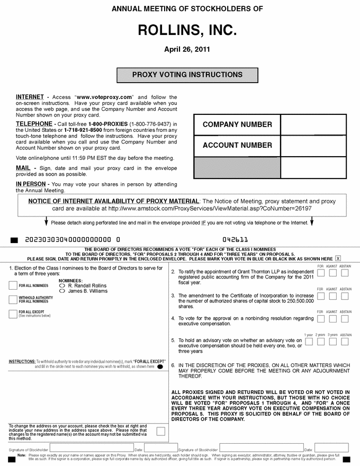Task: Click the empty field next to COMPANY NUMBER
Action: click(x=313, y=125)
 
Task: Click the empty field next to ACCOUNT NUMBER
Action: click(x=313, y=146)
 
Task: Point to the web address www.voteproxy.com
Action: click(x=103, y=97)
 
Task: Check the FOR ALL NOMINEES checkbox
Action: click(x=13, y=285)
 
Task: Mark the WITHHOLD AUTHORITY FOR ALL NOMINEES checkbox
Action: click(x=13, y=300)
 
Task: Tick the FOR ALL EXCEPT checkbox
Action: click(x=13, y=313)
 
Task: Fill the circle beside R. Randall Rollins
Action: click(x=63, y=285)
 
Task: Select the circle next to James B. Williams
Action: click(x=63, y=291)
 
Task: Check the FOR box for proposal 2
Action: click(x=321, y=273)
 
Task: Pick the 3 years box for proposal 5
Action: click(x=333, y=342)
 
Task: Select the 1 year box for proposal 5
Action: click(x=309, y=342)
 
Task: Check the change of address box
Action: click(x=160, y=431)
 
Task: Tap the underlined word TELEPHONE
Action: click(x=34, y=123)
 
